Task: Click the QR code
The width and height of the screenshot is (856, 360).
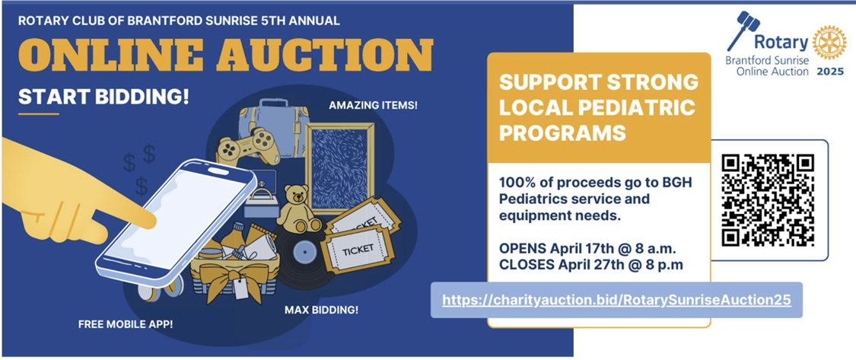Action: coord(768,200)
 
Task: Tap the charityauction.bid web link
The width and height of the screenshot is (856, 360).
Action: coord(616,300)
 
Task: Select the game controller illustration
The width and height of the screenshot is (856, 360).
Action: coord(248,147)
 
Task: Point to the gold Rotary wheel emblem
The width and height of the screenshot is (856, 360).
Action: coord(829,43)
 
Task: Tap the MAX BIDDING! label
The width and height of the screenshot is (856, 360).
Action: coord(322,311)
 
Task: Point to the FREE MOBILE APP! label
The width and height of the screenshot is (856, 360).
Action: coord(126,324)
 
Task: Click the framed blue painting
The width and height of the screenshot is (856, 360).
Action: coord(339,168)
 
